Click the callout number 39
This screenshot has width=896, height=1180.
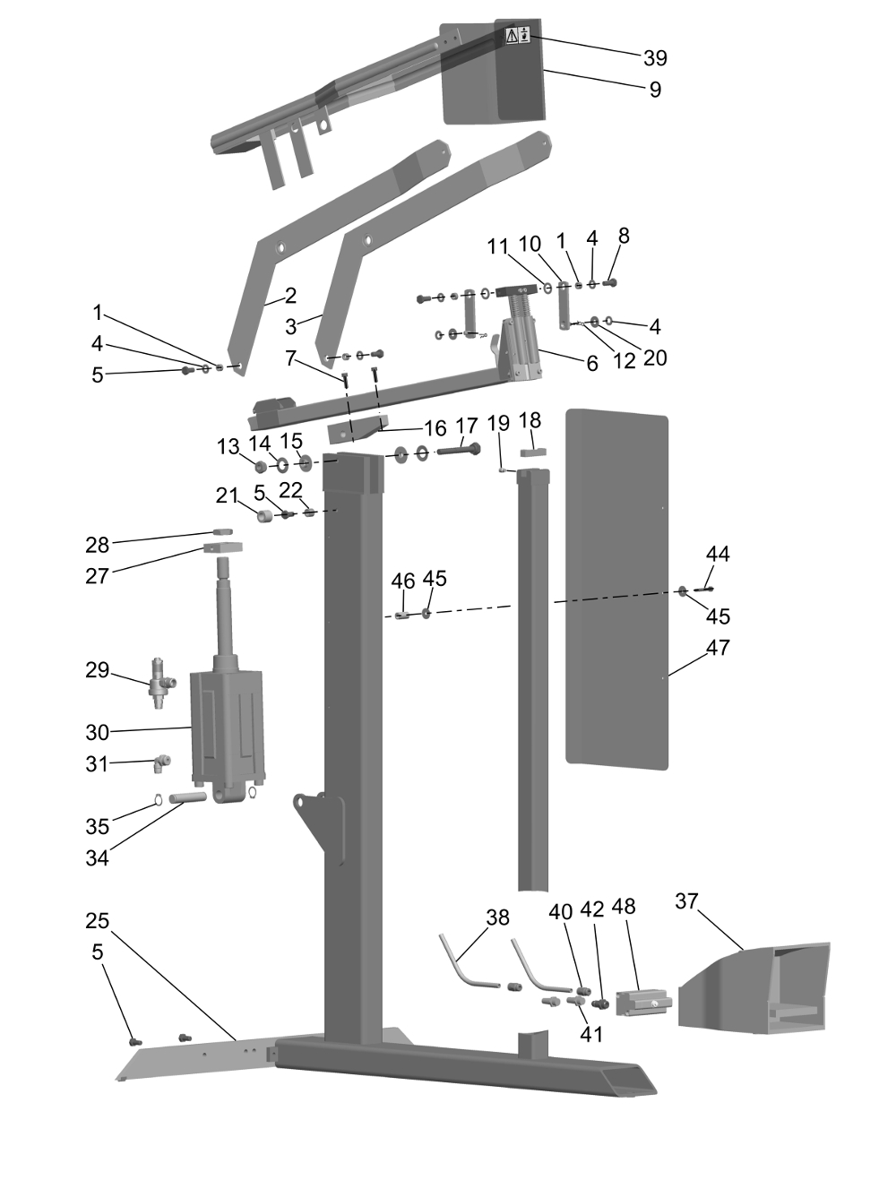[x=655, y=58]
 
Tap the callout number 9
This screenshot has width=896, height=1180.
[x=655, y=90]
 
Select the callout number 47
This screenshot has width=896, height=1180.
[x=718, y=647]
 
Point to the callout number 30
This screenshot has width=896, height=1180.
[x=98, y=732]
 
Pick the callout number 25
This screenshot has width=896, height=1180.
[x=98, y=921]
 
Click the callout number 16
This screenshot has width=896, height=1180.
[x=435, y=428]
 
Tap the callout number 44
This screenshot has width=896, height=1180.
[x=718, y=554]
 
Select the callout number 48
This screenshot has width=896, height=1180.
[x=624, y=907]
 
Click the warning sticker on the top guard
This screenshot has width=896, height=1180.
[x=518, y=36]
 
